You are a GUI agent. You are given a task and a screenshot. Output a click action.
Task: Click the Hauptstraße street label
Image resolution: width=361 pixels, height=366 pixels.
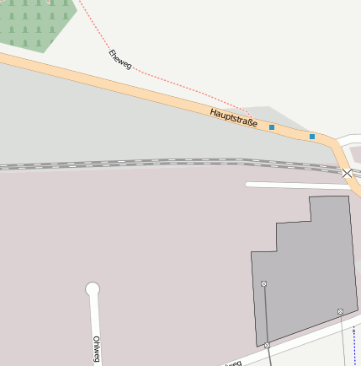click(x=234, y=117)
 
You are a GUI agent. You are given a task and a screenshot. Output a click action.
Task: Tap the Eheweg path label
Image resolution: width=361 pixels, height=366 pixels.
click(x=119, y=58)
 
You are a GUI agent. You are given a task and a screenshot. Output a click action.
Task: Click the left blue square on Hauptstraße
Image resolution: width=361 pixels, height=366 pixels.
click(x=272, y=127)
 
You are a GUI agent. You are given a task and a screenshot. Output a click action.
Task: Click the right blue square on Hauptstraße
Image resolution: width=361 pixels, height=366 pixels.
click(x=312, y=137)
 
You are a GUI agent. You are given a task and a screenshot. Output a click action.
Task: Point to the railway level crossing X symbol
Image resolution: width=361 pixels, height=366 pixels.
click(x=348, y=173)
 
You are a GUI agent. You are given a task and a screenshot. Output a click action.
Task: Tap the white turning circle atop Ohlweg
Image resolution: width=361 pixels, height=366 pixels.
click(x=93, y=289)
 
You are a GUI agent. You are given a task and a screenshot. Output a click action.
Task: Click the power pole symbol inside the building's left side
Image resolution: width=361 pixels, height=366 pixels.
click(x=264, y=283)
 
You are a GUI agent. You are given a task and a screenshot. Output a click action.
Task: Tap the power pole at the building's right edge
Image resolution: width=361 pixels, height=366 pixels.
click(x=341, y=312)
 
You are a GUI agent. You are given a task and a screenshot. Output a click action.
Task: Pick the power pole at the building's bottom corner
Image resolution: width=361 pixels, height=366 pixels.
click(x=267, y=346)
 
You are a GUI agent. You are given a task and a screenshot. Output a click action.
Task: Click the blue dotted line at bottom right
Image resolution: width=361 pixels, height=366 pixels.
click(x=355, y=342)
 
